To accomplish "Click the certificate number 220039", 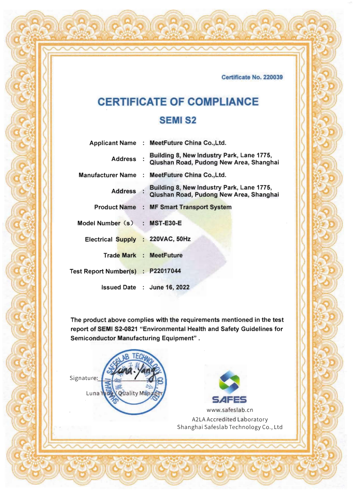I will point(273,77).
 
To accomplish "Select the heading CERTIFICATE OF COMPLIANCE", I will point(178,102).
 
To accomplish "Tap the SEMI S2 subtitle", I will point(178,120).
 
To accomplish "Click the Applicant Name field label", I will point(112,143).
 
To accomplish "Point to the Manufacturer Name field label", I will point(107,175).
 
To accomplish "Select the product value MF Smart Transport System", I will point(190,207).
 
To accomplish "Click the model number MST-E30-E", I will point(165,223).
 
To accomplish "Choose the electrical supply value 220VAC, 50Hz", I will point(170,239).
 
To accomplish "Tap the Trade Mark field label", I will point(120,255).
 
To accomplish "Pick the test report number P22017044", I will point(165,271).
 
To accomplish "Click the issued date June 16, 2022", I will point(169,287).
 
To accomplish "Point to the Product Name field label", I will point(115,207).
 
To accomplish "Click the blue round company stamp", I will point(134,382).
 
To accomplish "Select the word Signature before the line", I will point(83,378).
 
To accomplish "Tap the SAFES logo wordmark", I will point(229,400).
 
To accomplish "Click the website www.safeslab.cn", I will point(230,410).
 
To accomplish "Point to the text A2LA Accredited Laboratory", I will point(230,419).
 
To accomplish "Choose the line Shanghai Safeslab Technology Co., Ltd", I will point(230,427).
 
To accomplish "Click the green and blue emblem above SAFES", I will point(229,381).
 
